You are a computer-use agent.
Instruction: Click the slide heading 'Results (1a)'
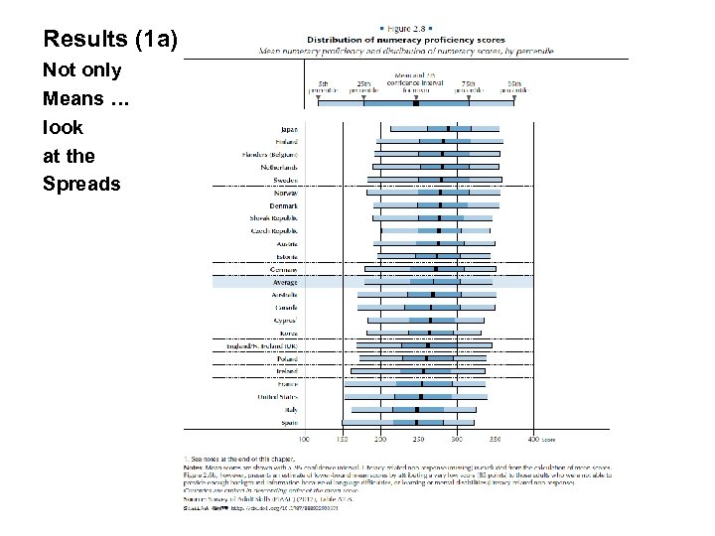click(x=110, y=40)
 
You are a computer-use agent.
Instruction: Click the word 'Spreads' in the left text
click(x=81, y=184)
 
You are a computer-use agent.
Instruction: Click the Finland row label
click(x=287, y=142)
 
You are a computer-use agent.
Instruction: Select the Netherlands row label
click(x=278, y=168)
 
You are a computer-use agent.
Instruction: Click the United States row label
click(x=277, y=397)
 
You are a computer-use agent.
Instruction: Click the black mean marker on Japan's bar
click(x=449, y=128)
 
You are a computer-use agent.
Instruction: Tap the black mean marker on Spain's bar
click(x=416, y=422)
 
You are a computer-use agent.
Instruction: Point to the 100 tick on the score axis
click(x=303, y=438)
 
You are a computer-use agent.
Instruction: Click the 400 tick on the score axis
click(x=534, y=438)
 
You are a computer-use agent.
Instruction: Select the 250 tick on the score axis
click(x=418, y=438)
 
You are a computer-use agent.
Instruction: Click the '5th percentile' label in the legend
click(x=324, y=86)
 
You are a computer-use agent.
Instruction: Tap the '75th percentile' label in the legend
click(x=470, y=86)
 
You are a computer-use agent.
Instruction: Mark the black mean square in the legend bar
click(x=415, y=102)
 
